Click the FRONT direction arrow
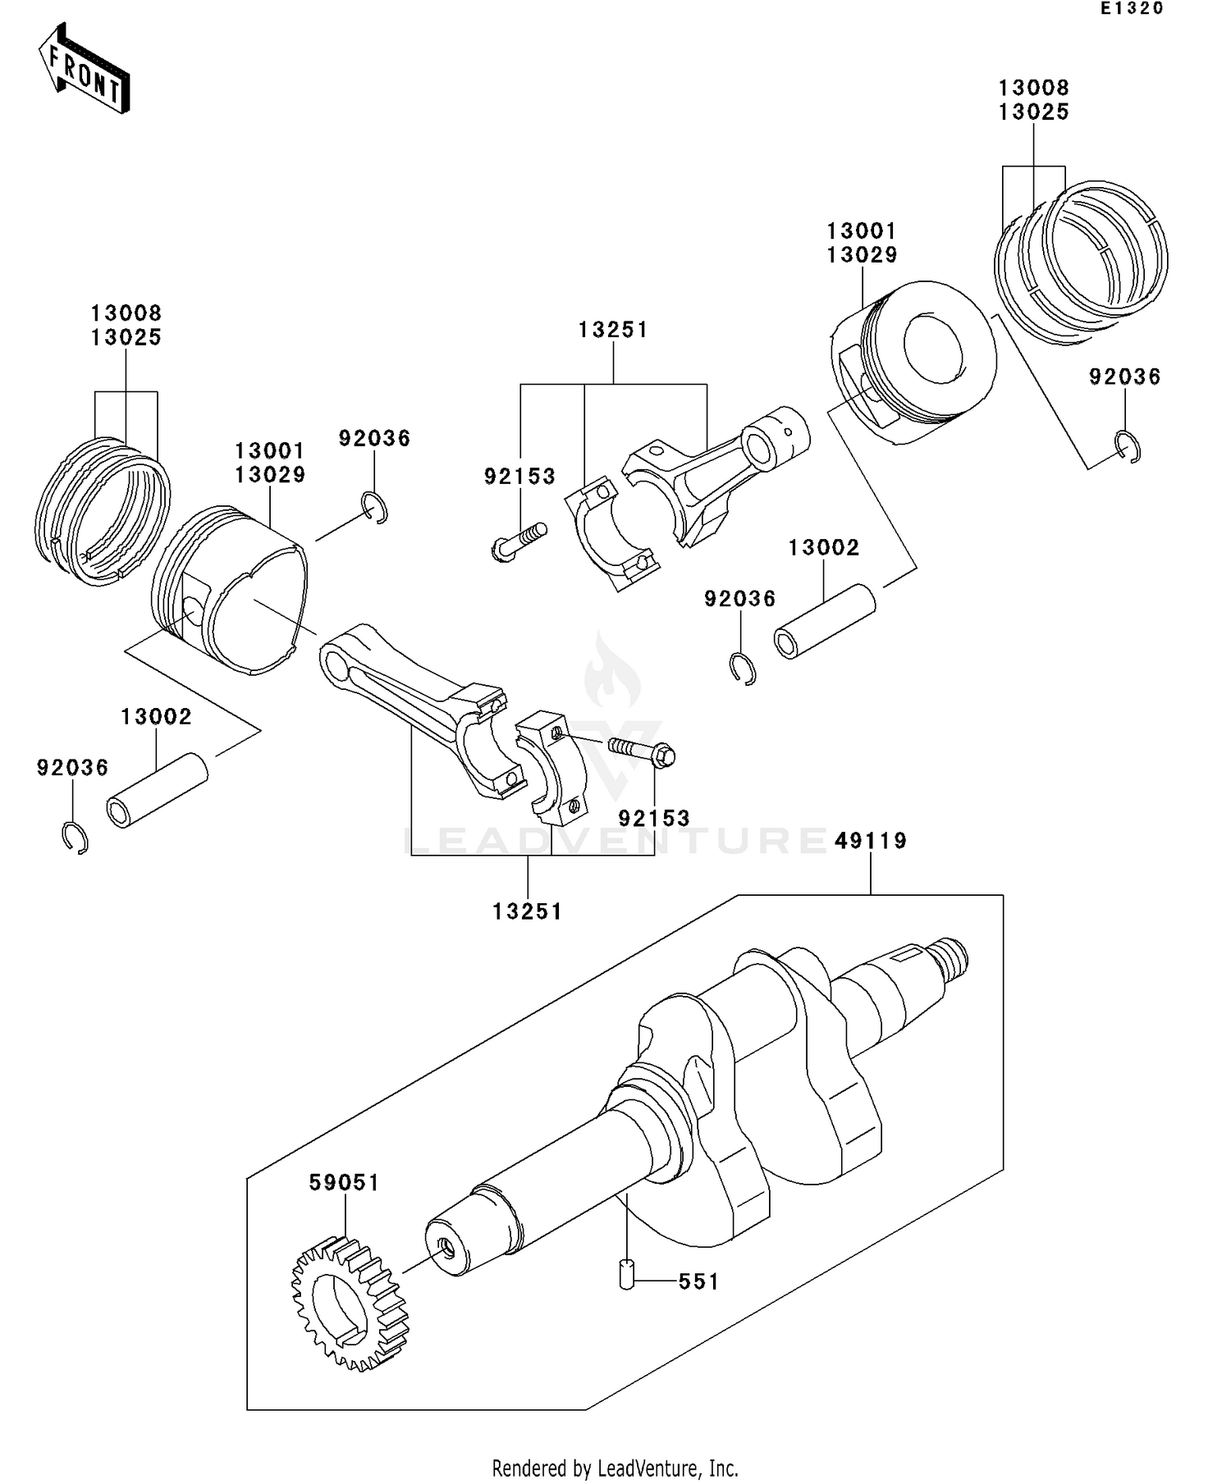85,69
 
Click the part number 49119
871,841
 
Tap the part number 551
698,1281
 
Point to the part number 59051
345,1183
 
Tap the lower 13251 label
528,911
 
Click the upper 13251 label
613,330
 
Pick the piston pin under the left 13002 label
157,790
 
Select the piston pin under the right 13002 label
825,621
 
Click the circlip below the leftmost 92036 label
76,838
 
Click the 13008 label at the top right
1034,88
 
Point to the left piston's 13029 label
270,475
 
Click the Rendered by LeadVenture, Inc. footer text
615,1468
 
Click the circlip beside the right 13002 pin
743,668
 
